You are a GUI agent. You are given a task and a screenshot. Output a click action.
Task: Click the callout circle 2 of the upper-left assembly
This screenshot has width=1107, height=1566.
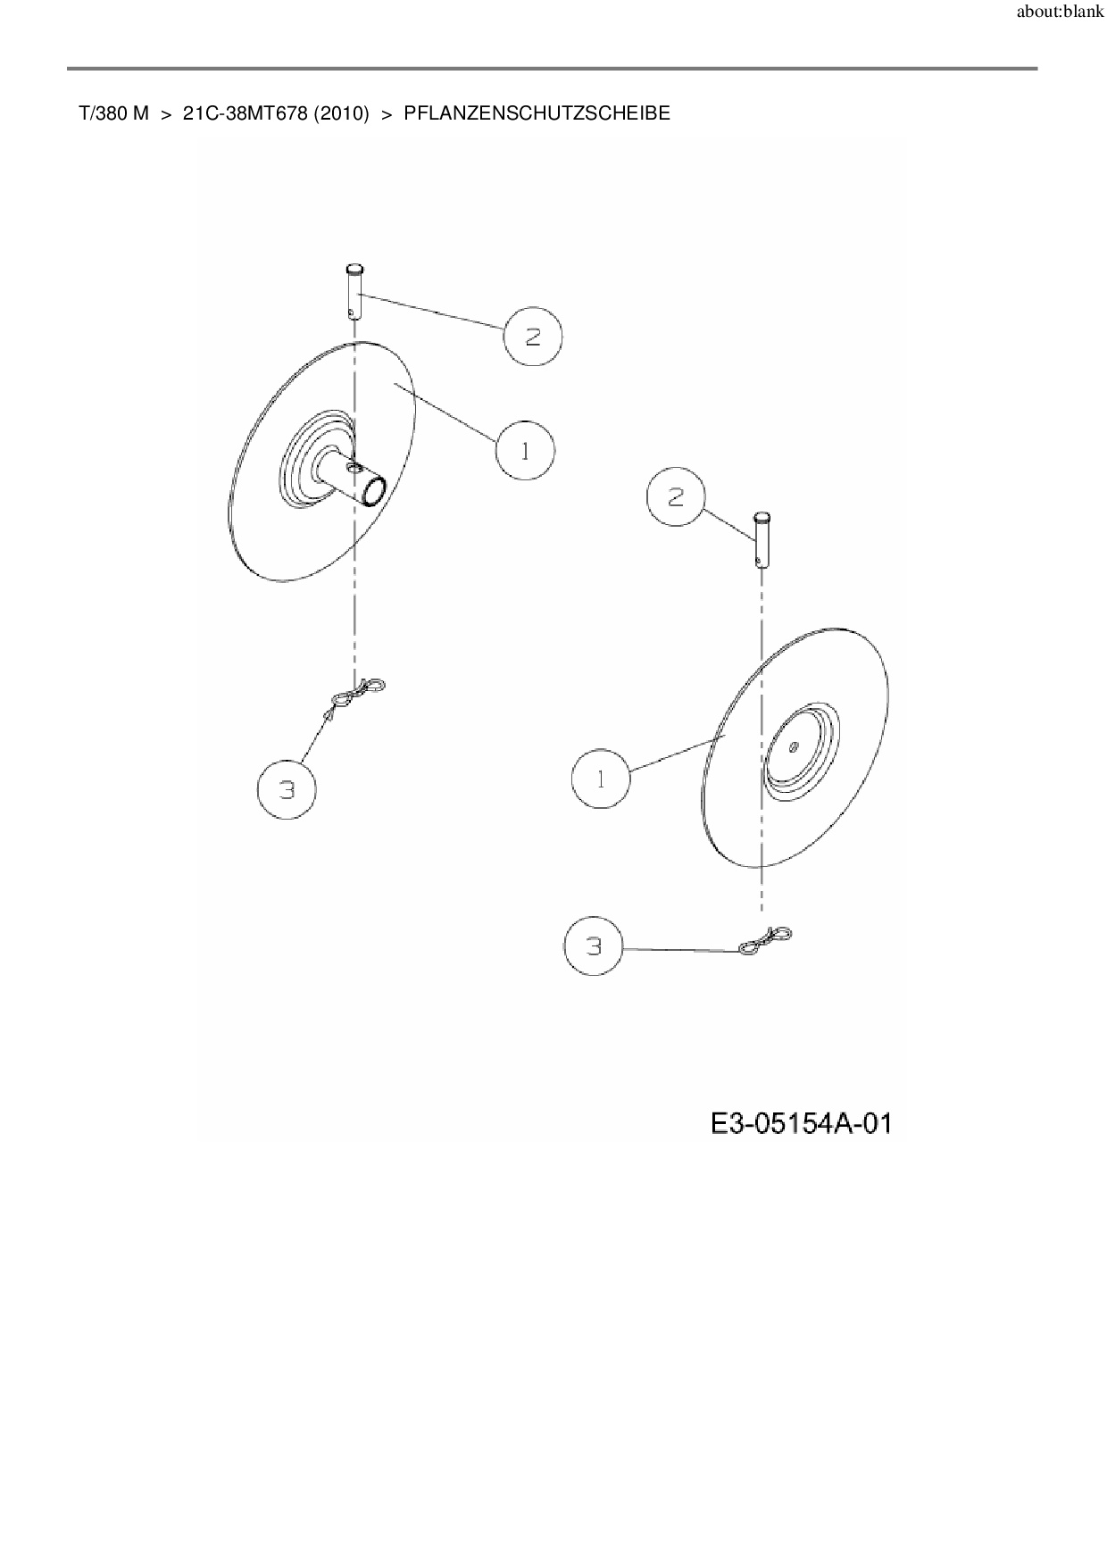coord(533,337)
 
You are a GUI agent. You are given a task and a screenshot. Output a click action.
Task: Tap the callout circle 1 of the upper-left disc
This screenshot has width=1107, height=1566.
coord(525,451)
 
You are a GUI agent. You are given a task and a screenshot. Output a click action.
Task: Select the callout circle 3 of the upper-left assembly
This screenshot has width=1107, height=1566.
coord(287,789)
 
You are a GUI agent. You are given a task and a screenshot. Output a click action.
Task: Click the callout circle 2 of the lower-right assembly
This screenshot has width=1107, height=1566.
coord(676,497)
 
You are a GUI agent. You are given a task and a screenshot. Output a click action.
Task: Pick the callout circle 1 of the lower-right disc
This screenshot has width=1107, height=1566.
coord(601,779)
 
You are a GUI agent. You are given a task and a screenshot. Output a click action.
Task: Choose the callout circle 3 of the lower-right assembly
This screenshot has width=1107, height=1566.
coord(595,946)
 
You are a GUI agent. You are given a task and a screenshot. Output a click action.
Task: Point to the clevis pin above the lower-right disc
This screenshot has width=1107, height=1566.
coord(762,538)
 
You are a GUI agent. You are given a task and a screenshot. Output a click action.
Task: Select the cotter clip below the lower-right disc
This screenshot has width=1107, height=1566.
coord(765,940)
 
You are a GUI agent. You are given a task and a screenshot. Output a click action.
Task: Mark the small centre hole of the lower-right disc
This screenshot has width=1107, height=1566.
coord(793,748)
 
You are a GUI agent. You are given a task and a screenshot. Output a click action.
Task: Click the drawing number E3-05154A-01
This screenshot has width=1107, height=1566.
coord(801,1122)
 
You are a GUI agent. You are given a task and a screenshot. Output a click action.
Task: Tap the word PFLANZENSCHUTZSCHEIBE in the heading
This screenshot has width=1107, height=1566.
coord(537,113)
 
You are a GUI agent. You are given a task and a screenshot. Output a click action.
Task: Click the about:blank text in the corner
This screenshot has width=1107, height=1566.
coord(1060,12)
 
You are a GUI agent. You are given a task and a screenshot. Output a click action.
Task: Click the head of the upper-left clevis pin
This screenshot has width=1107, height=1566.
coord(354,268)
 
